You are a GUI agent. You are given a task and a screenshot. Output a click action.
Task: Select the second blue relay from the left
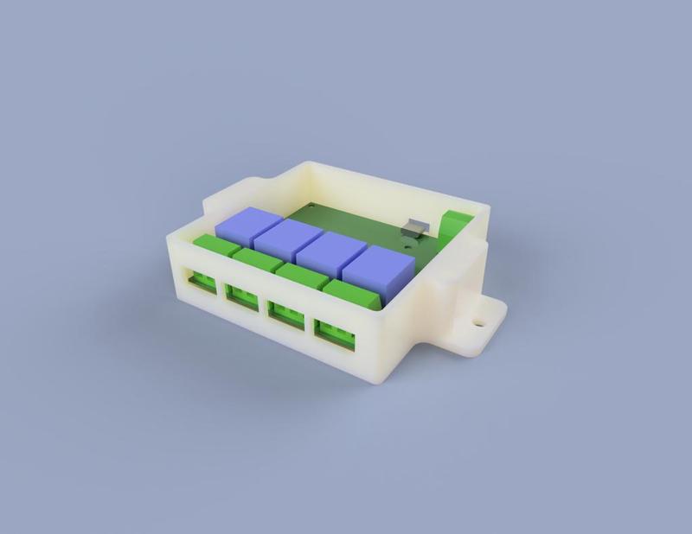[289, 238]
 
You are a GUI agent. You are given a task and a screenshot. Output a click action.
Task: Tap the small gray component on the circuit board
[416, 228]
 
